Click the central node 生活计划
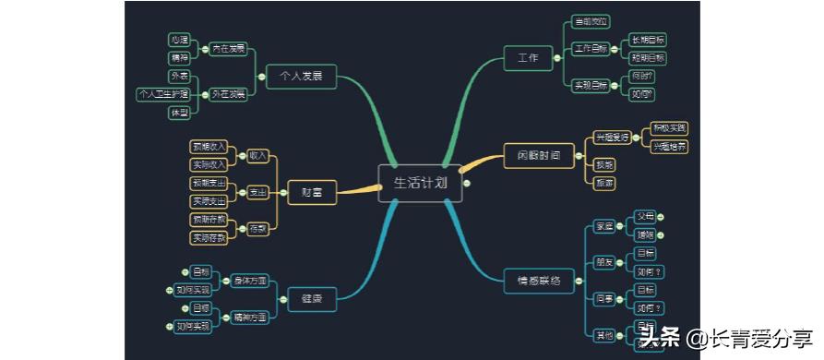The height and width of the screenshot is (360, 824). [419, 183]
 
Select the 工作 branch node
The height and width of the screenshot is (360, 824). [528, 57]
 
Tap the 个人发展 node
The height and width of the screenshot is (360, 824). [301, 77]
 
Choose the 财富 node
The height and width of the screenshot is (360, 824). [312, 192]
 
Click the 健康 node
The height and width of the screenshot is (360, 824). [312, 297]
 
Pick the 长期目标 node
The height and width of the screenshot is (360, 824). [647, 41]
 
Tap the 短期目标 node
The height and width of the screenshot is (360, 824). [647, 57]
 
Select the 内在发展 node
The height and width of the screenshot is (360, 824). [228, 48]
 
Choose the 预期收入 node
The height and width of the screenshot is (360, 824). [209, 147]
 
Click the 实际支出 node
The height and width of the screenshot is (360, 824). [209, 201]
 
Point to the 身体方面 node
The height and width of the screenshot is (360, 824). [249, 280]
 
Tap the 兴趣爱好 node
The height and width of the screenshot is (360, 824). [612, 137]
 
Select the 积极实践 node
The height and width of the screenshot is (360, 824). [669, 127]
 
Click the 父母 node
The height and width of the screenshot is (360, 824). [644, 217]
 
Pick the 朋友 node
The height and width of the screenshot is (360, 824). [603, 261]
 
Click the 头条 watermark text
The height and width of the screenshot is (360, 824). [661, 338]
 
